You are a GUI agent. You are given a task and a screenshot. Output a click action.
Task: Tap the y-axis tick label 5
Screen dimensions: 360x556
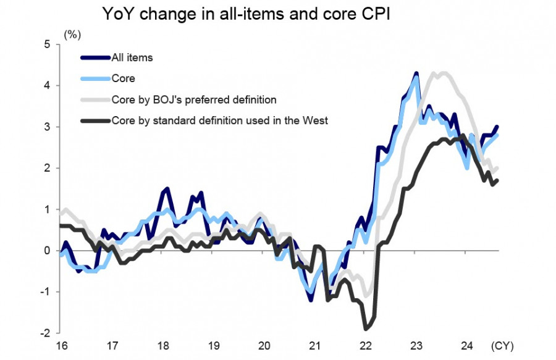47,44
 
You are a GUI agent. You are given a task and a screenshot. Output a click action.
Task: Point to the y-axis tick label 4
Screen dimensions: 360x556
47,85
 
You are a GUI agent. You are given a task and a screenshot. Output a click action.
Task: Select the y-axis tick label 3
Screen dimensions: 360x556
47,127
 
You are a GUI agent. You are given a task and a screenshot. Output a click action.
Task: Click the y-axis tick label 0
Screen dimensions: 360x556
47,251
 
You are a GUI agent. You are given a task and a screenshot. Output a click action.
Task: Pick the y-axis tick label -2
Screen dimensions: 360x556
45,333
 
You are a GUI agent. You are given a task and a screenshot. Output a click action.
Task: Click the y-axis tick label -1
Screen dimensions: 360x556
45,292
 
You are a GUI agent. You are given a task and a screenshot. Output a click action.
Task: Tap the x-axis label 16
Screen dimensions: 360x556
62,345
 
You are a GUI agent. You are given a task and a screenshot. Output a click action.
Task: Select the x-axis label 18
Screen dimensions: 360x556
163,345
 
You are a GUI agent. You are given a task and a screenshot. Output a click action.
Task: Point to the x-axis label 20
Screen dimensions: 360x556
264,345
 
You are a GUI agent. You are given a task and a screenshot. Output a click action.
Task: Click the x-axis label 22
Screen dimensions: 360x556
365,345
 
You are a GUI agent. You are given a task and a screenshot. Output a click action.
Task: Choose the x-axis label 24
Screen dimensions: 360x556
466,345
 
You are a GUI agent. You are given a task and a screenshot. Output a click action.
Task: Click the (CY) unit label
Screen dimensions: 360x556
502,345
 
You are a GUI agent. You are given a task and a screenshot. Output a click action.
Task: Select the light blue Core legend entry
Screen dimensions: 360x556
123,79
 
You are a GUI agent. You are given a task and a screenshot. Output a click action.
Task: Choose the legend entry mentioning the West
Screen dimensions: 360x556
219,120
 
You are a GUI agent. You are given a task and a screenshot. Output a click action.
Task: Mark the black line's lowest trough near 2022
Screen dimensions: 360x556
366,328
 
